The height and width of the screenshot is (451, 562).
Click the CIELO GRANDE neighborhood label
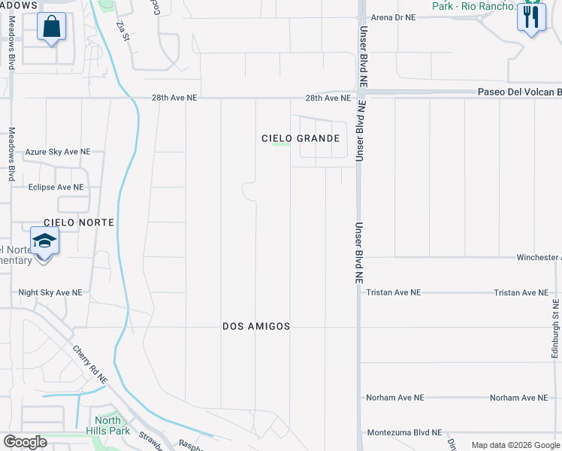(301, 138)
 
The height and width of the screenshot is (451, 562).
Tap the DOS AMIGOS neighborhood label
(256, 326)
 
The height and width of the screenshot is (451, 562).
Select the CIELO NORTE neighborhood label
(79, 222)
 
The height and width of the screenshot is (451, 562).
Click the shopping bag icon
(51, 28)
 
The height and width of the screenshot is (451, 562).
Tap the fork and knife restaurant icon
(531, 18)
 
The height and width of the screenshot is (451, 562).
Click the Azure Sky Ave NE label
(58, 152)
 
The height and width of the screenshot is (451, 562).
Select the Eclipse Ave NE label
(56, 187)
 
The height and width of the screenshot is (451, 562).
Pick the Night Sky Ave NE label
(50, 292)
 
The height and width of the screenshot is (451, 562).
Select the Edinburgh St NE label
(555, 328)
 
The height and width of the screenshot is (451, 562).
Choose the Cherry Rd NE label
(91, 364)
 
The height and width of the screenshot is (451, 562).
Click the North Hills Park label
(112, 425)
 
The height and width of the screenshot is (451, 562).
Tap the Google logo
(25, 442)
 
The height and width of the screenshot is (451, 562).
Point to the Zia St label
(122, 32)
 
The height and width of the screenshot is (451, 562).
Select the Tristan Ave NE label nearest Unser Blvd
(393, 292)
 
